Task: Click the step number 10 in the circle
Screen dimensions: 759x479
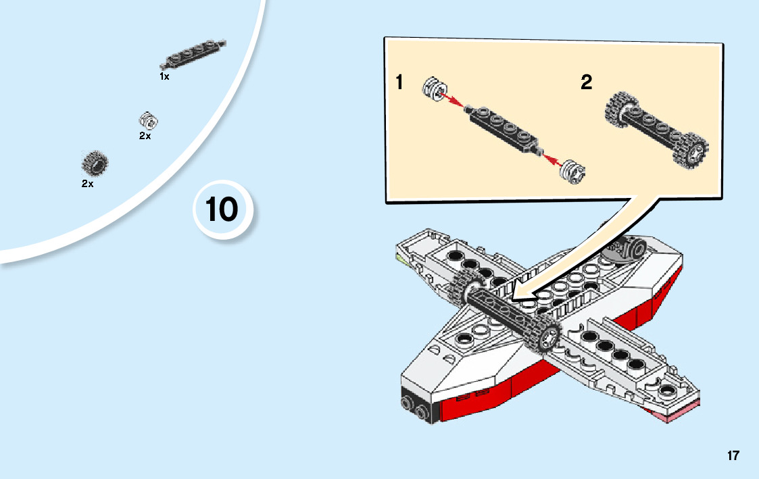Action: pos(222,209)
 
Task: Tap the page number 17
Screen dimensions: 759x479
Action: pos(733,455)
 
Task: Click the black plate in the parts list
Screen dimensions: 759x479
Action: pos(193,55)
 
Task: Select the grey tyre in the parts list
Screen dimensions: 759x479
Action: pos(95,162)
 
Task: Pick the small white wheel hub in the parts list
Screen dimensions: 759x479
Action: pos(148,121)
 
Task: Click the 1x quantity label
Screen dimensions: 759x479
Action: pos(164,77)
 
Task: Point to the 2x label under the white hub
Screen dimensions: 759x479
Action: pos(145,136)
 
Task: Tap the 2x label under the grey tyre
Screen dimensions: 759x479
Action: pos(87,184)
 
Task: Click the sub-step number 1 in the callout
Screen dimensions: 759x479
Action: pos(399,83)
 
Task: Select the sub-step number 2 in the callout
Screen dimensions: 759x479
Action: pos(586,83)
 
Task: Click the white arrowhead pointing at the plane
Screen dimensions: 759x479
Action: pos(524,294)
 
